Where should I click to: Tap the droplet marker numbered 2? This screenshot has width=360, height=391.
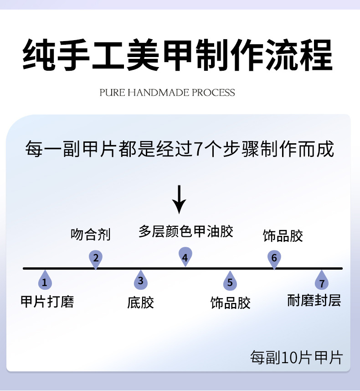pos(96,258)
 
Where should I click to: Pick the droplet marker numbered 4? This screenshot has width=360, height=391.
pos(185,258)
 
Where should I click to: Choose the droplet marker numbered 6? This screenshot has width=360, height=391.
pos(274,258)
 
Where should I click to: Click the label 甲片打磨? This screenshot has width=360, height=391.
pos(47,302)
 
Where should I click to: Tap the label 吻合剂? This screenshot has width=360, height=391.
pos(91,235)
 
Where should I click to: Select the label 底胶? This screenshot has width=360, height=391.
pos(140,302)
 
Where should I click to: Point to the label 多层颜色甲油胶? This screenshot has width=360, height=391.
pos(185,231)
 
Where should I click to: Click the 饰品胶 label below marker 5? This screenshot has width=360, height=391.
pos(230,303)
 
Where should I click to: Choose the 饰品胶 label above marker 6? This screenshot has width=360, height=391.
pos(283,236)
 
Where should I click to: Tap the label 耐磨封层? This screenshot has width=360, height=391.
pos(314,300)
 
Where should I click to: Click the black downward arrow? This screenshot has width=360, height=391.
pos(180,199)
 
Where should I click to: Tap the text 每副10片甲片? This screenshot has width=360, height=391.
pos(296,357)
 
